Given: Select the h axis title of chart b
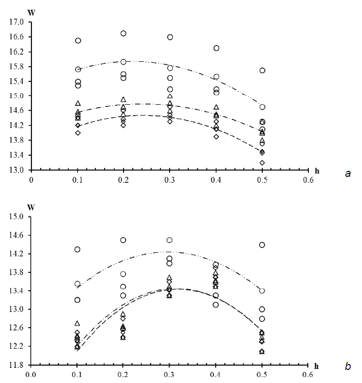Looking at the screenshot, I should [332, 365].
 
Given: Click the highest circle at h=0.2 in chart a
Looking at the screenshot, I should [124, 34].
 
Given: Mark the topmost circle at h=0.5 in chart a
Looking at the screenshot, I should [262, 71].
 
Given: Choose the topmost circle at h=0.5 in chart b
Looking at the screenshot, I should [262, 245].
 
